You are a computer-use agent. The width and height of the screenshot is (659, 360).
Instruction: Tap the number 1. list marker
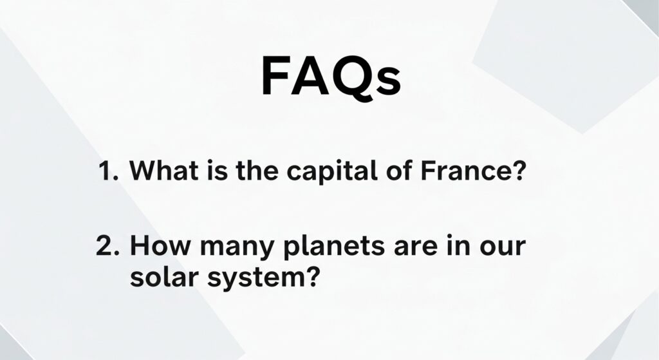tap(108, 170)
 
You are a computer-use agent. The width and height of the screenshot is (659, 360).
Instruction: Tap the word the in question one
tap(257, 170)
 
